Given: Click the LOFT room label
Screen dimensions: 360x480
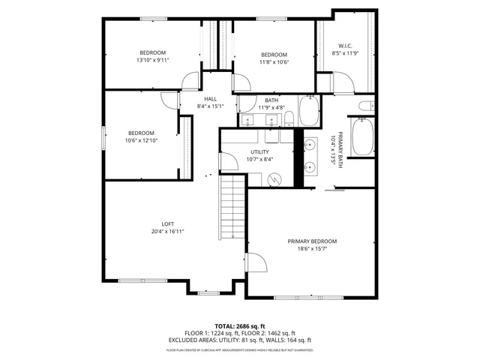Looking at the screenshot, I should click(x=168, y=224).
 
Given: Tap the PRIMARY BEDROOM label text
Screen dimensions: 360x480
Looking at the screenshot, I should click(x=312, y=241).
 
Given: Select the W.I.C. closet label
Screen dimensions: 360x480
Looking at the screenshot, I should click(x=345, y=46).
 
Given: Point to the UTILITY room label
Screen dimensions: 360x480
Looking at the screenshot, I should click(x=261, y=151).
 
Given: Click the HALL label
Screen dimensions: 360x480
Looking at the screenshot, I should click(x=210, y=99).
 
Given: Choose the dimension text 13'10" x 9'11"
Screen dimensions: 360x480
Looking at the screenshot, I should click(x=151, y=60).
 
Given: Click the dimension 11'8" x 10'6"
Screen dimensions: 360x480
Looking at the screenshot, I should click(x=274, y=62).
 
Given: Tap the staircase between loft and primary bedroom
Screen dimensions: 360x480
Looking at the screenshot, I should click(x=232, y=206).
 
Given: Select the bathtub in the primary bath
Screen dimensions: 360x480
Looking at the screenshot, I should click(x=363, y=136).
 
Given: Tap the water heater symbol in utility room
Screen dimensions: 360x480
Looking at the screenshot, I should click(x=274, y=178).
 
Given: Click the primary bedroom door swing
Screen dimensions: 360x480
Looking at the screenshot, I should click(x=256, y=265).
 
